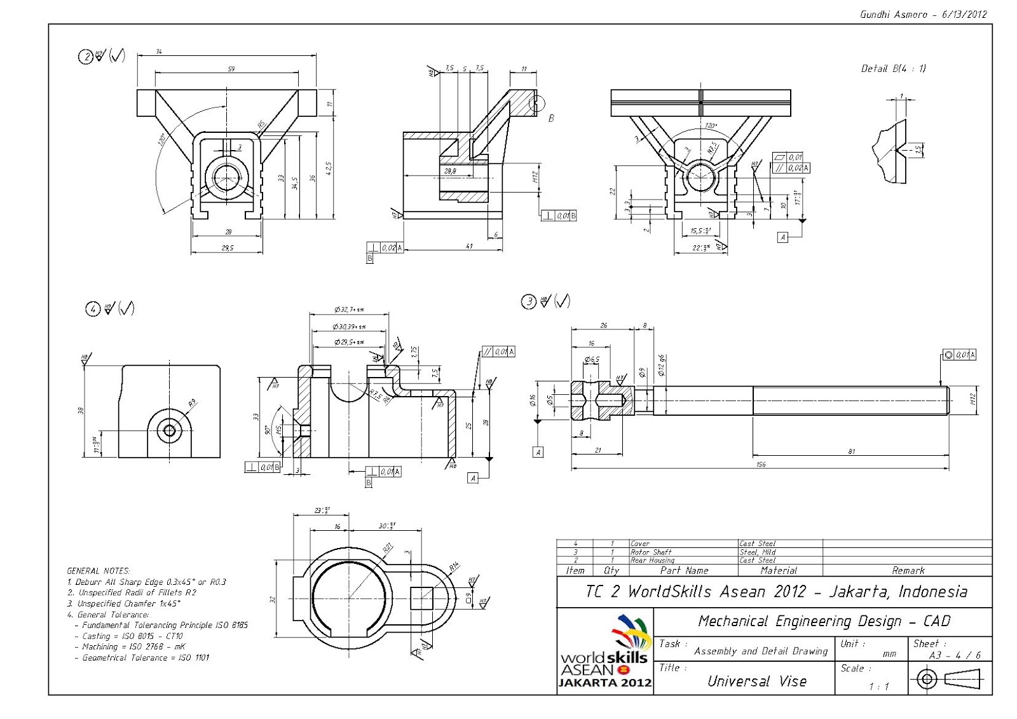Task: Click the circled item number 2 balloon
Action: [85, 57]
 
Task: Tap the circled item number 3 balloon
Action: [529, 301]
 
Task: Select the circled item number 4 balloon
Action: [93, 309]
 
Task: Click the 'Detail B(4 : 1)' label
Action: [893, 69]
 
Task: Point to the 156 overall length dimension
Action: [761, 464]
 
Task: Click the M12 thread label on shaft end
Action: [973, 400]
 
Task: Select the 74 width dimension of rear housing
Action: [159, 51]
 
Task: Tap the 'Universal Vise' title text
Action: [756, 681]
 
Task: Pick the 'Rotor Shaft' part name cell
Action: [650, 552]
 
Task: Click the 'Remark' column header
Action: [908, 571]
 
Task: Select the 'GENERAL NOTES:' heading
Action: [99, 571]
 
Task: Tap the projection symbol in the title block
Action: [950, 680]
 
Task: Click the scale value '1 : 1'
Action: [878, 687]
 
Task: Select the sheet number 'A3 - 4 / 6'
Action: [955, 655]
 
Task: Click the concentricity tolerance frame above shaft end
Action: [959, 355]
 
